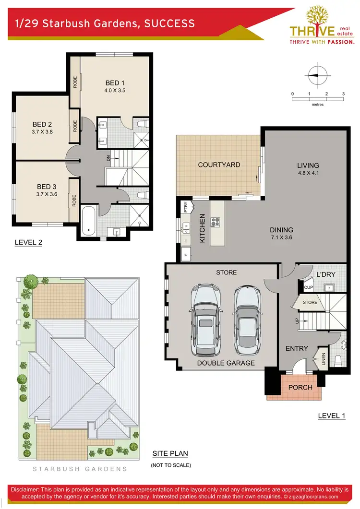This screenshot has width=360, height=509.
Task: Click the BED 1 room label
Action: [115, 83]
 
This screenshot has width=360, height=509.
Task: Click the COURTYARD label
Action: [219, 165]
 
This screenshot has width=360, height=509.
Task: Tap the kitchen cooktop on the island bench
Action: [216, 222]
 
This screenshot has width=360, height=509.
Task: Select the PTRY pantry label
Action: [185, 207]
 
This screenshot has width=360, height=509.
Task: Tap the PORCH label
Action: [300, 387]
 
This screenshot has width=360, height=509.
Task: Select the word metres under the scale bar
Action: [317, 104]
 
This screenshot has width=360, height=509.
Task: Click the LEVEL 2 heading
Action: [28, 243]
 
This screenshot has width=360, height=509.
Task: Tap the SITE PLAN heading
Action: [170, 453]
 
